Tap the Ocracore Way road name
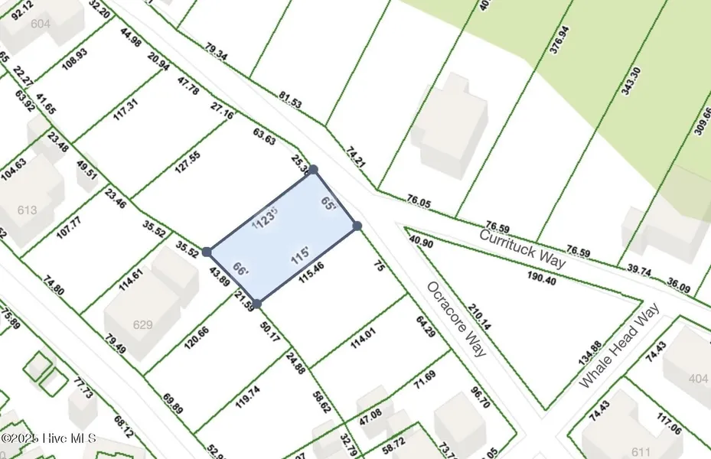point(456,318)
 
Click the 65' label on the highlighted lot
point(329,204)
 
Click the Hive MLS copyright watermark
point(48,438)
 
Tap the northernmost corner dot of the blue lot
point(312,169)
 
